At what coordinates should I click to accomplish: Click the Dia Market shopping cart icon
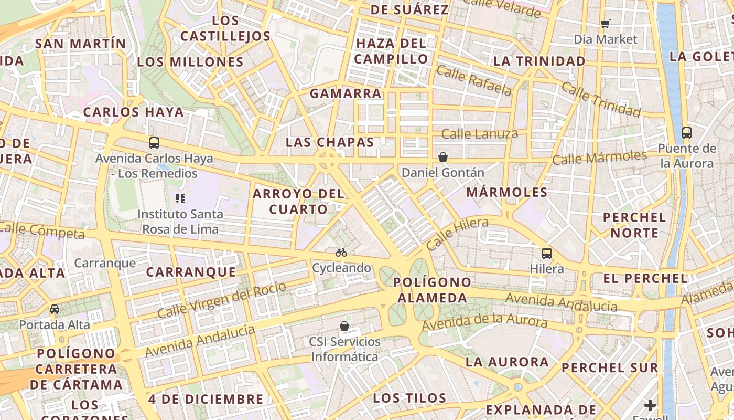(606, 24)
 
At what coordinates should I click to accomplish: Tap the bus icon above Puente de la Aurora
(686, 132)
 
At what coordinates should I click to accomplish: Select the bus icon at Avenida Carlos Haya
(154, 142)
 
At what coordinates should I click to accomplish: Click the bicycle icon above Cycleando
(341, 253)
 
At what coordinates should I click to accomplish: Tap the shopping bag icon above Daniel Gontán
(443, 157)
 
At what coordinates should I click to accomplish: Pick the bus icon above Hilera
(547, 254)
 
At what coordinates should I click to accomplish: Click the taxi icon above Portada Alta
(55, 309)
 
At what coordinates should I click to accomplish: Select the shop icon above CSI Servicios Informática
(344, 326)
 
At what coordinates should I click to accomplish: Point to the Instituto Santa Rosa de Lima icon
(180, 198)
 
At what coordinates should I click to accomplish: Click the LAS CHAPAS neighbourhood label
(330, 142)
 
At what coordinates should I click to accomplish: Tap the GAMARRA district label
(346, 94)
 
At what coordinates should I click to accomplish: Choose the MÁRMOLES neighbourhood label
(506, 192)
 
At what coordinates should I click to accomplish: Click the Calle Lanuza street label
(479, 134)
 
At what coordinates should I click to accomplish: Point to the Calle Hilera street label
(457, 234)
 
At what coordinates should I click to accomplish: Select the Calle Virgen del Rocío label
(222, 300)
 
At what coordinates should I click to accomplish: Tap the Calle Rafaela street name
(474, 81)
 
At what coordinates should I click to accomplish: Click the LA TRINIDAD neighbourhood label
(539, 61)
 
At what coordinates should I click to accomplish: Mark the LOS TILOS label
(409, 398)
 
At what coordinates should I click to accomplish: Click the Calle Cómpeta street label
(42, 230)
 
